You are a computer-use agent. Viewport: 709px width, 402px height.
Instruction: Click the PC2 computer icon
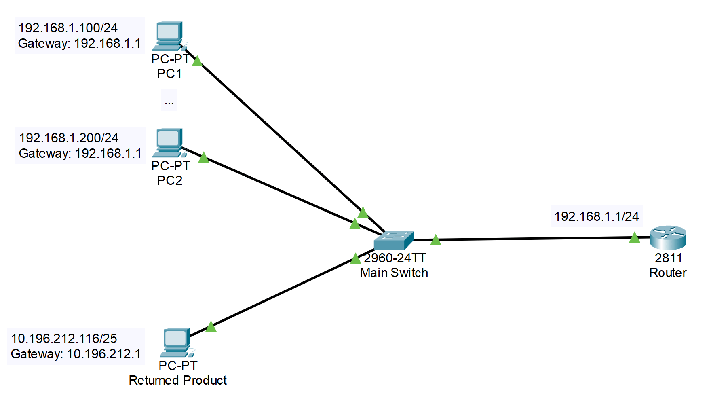pyautogui.click(x=169, y=142)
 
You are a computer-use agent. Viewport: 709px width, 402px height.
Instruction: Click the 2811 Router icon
pyautogui.click(x=668, y=237)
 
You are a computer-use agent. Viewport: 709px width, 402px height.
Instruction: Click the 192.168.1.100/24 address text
pyautogui.click(x=68, y=28)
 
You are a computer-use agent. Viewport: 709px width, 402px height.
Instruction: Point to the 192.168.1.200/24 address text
pyautogui.click(x=69, y=138)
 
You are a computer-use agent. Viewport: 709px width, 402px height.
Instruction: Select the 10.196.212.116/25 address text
pyautogui.click(x=64, y=339)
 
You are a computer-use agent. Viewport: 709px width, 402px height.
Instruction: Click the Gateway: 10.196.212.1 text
pyautogui.click(x=76, y=354)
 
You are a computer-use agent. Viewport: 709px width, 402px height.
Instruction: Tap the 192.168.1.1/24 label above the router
pyautogui.click(x=596, y=216)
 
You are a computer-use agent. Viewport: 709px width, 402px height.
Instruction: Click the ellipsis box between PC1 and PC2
pyautogui.click(x=169, y=100)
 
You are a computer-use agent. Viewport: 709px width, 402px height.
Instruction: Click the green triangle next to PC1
pyautogui.click(x=197, y=61)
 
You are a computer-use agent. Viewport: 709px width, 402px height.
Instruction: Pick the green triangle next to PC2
pyautogui.click(x=204, y=157)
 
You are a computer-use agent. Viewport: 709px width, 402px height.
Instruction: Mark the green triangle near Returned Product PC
pyautogui.click(x=211, y=326)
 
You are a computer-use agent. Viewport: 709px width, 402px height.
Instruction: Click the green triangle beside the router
pyautogui.click(x=635, y=238)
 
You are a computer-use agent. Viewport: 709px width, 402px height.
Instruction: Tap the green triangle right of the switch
pyautogui.click(x=435, y=240)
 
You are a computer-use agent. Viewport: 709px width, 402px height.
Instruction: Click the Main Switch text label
pyautogui.click(x=394, y=273)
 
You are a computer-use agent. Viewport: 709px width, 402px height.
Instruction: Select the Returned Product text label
pyautogui.click(x=177, y=380)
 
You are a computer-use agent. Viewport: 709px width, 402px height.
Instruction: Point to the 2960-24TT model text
pyautogui.click(x=395, y=258)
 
